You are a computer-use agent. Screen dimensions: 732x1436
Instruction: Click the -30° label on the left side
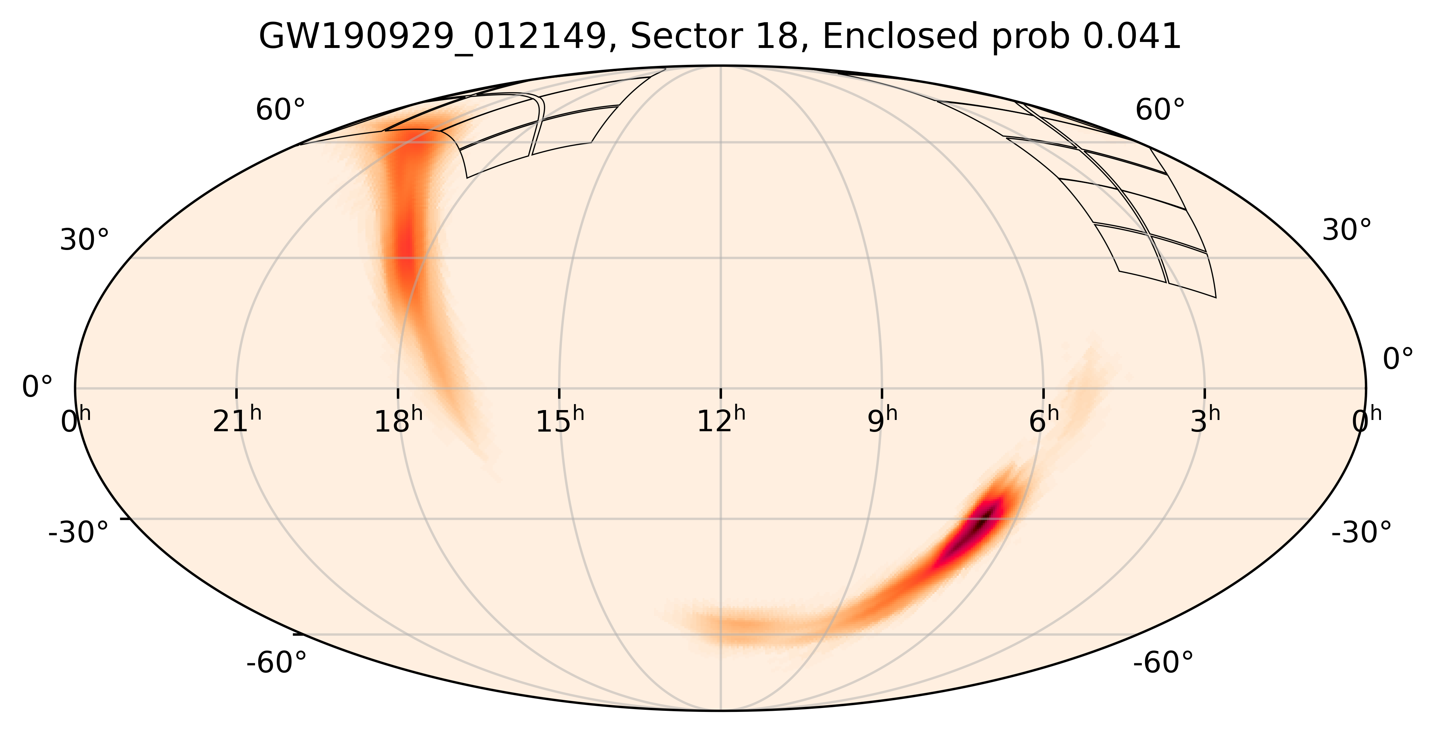coord(79,532)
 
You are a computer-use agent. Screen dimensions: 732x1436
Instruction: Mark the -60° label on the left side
coord(277,664)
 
